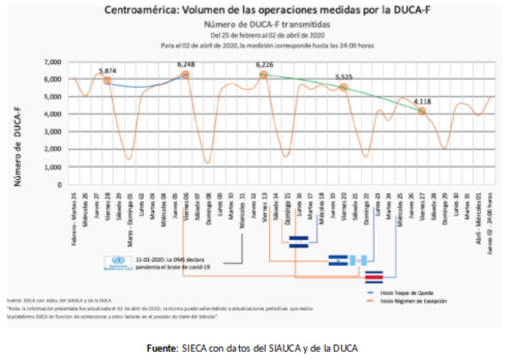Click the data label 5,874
pyautogui.click(x=108, y=71)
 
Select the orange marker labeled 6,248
pyautogui.click(x=186, y=74)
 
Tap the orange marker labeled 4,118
pyautogui.click(x=422, y=111)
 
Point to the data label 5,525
pyautogui.click(x=343, y=77)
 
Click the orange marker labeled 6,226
pyautogui.click(x=264, y=75)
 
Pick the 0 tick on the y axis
pyautogui.click(x=60, y=184)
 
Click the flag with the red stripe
pyautogui.click(x=375, y=276)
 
